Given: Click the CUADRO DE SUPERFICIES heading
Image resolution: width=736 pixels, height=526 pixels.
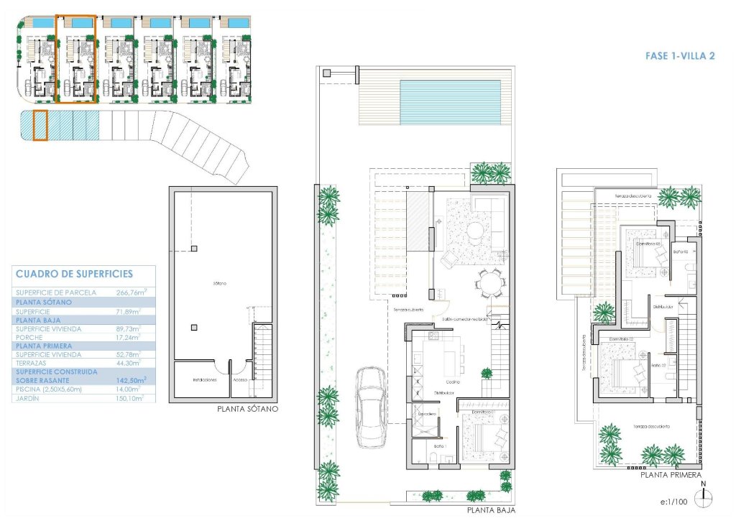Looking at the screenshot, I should pos(73,274).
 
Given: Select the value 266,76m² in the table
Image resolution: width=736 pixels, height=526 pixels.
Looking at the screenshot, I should pos(132,292).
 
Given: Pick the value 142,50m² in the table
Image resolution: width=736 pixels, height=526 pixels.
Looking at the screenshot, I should pos(132,379).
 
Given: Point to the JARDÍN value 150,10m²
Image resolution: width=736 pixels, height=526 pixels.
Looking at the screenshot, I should pos(130,397).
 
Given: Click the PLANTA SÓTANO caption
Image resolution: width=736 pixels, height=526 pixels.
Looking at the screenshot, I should pos(247,409).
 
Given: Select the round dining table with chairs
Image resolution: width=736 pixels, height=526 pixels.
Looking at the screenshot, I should pos(491,282).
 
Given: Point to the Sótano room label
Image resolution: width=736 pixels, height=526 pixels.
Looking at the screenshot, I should pos(220,284).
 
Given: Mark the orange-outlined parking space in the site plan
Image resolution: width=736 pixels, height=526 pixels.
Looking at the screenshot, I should pos(40,125).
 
